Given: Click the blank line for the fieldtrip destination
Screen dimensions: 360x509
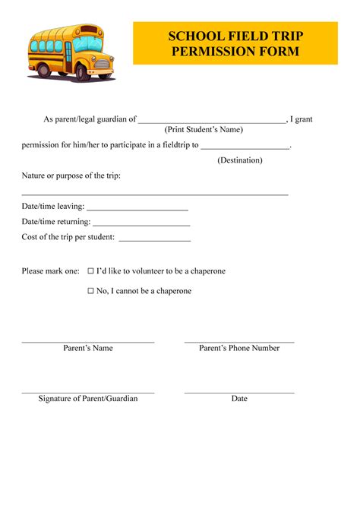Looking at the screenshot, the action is pyautogui.click(x=245, y=147).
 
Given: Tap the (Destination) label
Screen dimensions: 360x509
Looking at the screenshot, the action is pyautogui.click(x=240, y=160).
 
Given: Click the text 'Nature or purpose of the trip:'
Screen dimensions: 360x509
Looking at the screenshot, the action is pyautogui.click(x=71, y=175).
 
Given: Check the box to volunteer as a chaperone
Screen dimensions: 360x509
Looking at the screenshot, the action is pyautogui.click(x=90, y=271).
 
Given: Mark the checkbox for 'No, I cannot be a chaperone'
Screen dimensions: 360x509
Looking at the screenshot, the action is pyautogui.click(x=90, y=291).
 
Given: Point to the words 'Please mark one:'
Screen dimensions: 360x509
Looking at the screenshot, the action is pyautogui.click(x=50, y=271).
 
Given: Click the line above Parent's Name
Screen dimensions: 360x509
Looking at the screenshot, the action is pyautogui.click(x=88, y=342).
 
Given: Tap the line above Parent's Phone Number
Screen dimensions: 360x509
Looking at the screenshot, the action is pyautogui.click(x=239, y=342).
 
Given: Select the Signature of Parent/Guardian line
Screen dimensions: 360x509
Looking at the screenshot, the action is pyautogui.click(x=88, y=392).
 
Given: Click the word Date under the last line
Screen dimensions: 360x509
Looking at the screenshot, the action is pyautogui.click(x=239, y=399).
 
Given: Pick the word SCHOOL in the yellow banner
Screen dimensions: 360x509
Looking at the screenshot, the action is pyautogui.click(x=194, y=36).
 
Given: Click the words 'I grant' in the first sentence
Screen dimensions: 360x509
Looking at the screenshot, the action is pyautogui.click(x=302, y=119).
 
